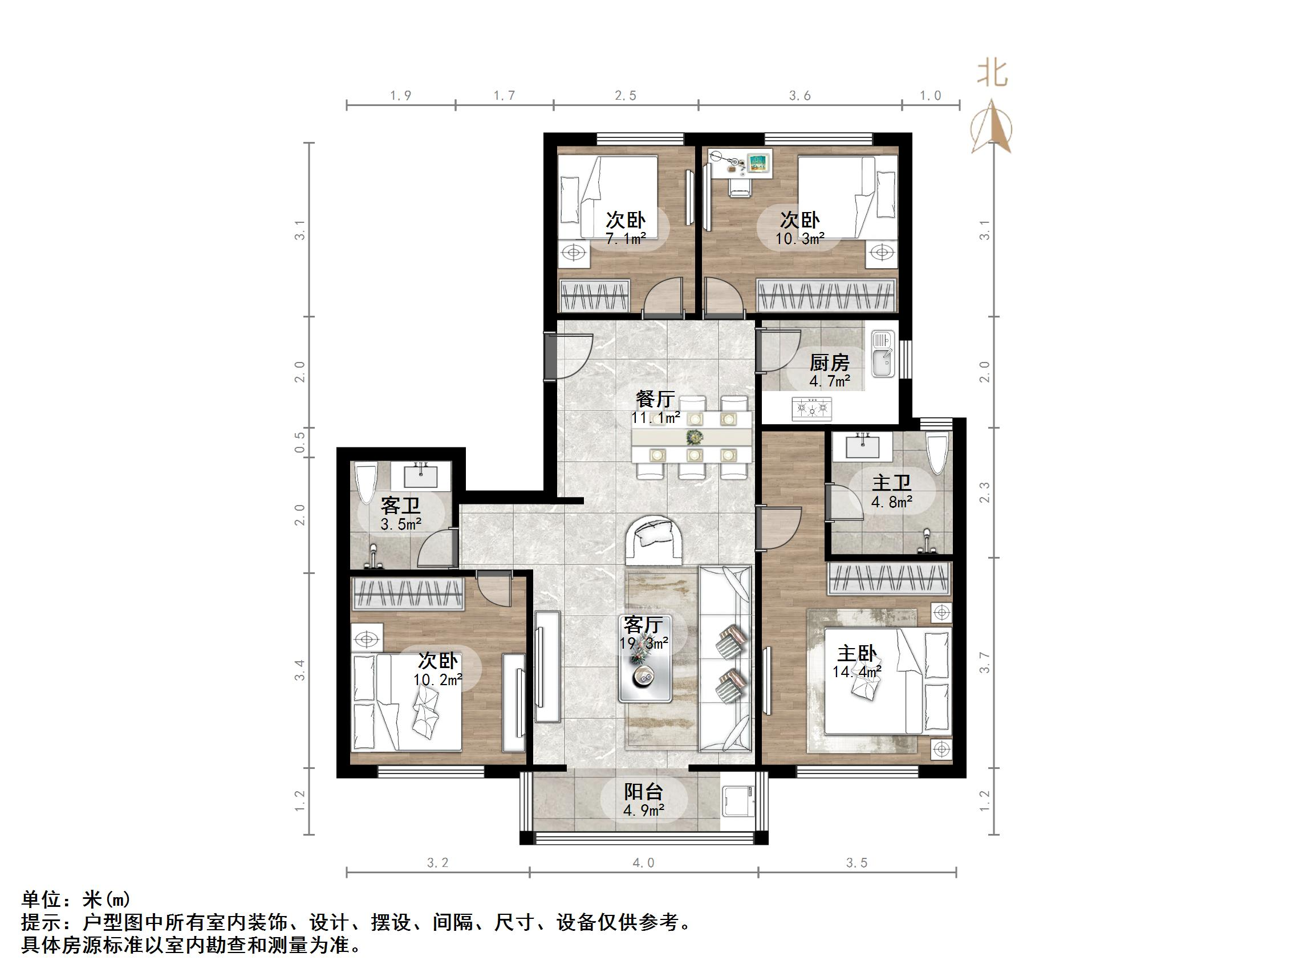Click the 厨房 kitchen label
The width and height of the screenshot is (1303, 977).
(x=829, y=362)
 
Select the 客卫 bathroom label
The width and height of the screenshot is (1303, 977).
(x=400, y=505)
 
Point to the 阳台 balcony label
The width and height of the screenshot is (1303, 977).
(x=644, y=792)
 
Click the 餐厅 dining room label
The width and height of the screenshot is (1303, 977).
(x=655, y=399)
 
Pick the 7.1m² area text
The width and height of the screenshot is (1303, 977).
(x=626, y=238)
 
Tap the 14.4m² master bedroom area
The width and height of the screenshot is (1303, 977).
(x=857, y=671)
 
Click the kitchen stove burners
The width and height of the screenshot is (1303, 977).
(x=813, y=408)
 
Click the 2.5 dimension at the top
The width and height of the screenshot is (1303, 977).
(x=626, y=95)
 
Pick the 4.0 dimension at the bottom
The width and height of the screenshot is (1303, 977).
(x=643, y=864)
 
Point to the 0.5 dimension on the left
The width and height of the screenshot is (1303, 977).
(x=301, y=442)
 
